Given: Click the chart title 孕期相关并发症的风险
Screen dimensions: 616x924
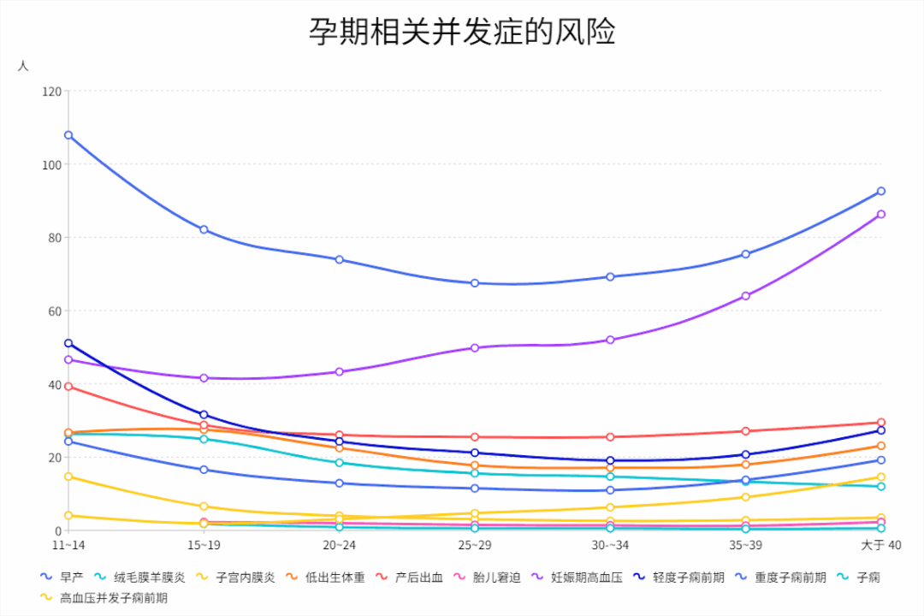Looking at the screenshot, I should [x=462, y=33].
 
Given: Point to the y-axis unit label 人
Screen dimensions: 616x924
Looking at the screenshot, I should [x=23, y=66].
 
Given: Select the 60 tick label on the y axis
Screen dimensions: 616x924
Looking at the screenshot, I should [x=54, y=311].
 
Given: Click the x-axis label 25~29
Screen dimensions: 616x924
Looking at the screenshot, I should [x=474, y=545].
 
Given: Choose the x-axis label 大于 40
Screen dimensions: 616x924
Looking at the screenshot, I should [x=880, y=545].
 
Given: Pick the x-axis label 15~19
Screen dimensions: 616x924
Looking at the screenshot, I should [x=204, y=545].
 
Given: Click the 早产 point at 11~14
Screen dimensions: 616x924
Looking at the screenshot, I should [x=68, y=135].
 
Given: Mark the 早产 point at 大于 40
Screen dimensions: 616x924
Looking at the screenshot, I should [x=880, y=191].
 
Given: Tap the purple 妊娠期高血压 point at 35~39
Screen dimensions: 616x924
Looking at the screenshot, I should [x=745, y=296].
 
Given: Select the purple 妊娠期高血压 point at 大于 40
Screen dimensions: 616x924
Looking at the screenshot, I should [x=880, y=214].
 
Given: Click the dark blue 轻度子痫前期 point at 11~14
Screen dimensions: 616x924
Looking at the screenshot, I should [x=68, y=343].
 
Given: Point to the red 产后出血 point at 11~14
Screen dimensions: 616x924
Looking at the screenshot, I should [x=68, y=387].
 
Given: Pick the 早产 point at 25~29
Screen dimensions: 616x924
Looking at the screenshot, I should [x=474, y=283].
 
